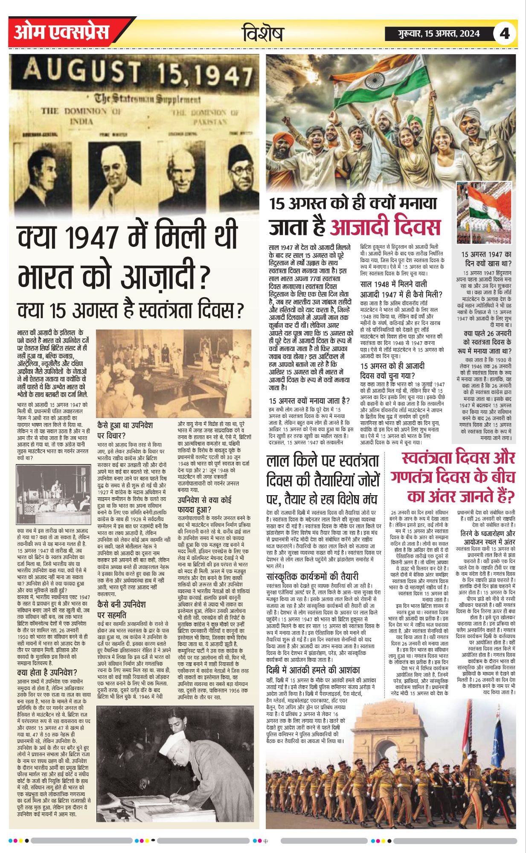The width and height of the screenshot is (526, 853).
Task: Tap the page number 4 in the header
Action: pos(505,33)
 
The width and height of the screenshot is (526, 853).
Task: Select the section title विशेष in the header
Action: pos(263,34)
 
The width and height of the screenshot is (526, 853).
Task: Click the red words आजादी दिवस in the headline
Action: pos(385,226)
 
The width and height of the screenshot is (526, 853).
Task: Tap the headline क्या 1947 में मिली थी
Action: pos(127,241)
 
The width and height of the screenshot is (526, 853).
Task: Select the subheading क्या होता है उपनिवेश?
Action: pos(47,673)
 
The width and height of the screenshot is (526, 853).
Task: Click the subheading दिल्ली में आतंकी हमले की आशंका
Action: pos(313,670)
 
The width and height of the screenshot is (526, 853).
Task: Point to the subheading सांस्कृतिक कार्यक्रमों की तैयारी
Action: pos(312,577)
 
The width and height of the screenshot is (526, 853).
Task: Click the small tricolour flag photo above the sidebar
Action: pos(483,212)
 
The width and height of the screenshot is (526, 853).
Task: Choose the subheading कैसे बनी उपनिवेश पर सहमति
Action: pos(122,609)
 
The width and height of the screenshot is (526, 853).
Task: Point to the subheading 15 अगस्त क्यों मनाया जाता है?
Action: pos(309,400)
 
